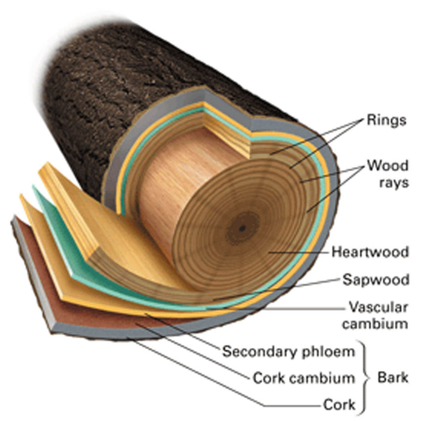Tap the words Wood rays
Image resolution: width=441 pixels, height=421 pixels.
[x=388, y=174]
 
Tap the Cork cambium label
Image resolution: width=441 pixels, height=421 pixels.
[x=303, y=378]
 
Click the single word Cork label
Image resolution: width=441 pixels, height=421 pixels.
[x=339, y=405]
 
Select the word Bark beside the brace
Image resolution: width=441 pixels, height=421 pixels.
[x=393, y=378]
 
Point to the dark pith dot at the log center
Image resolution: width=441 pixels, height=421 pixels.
[x=242, y=229]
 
